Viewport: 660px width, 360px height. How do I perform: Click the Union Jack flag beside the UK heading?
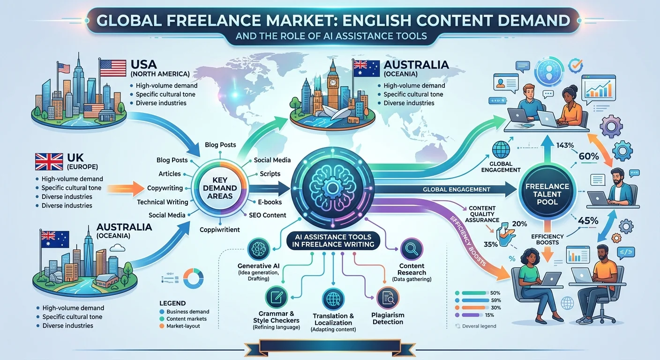(49, 162)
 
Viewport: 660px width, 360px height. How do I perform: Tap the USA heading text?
(143, 64)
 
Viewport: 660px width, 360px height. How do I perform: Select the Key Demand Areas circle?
(220, 187)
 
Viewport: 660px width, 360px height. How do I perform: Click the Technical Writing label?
(163, 202)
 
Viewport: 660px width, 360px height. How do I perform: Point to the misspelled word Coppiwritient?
(219, 230)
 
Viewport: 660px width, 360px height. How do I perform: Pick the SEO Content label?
(268, 215)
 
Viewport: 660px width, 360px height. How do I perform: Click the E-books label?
(270, 202)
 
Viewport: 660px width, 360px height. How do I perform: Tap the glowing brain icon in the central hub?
(332, 187)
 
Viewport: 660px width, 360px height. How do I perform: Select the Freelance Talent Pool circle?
(547, 194)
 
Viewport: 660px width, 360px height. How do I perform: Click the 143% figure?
(565, 145)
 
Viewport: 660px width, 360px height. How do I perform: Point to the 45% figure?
(588, 221)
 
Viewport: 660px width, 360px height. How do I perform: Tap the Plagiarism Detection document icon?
(388, 298)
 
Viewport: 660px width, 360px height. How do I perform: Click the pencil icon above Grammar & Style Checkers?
(276, 297)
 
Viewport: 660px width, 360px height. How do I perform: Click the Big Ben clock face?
(333, 82)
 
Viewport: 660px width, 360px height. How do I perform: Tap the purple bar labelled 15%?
(471, 315)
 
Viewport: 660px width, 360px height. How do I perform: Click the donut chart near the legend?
(193, 278)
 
